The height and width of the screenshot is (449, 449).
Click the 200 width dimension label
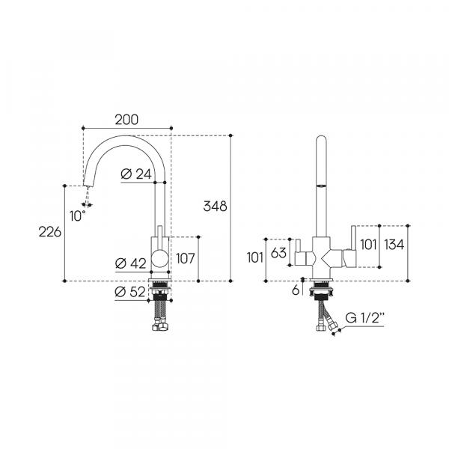(x=126, y=120)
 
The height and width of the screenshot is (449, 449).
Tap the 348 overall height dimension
(x=215, y=207)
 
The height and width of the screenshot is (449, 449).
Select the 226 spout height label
(x=50, y=232)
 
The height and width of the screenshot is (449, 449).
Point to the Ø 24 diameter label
(x=136, y=174)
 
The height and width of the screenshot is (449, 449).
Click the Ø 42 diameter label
(x=130, y=263)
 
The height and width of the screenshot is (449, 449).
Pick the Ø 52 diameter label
(x=130, y=292)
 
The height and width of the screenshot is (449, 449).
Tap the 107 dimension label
(x=186, y=258)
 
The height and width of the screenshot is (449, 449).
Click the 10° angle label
(x=78, y=216)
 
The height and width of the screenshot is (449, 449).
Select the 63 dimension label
(x=278, y=253)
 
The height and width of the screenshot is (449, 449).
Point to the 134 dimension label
(x=394, y=245)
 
